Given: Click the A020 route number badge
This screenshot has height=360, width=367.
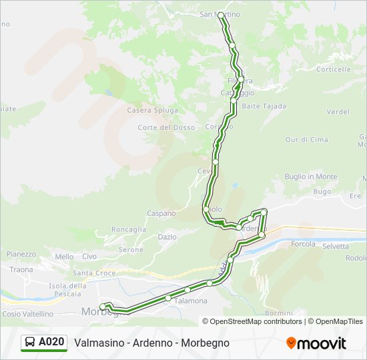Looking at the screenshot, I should pos(44,342).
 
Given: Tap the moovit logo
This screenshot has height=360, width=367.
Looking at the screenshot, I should pos(316,343).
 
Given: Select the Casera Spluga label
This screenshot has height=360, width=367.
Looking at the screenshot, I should pos(153,110).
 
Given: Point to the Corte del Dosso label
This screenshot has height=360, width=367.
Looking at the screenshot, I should pos(166,127).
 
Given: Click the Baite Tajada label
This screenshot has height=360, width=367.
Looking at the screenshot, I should pos(264,106).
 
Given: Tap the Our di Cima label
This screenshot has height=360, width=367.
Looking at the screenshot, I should pos(306,139).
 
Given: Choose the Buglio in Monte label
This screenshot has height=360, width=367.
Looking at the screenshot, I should pos(311,177).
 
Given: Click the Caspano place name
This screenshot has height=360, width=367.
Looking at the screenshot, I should pos(161,213).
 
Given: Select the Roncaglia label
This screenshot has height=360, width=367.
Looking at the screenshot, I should pos(129,229).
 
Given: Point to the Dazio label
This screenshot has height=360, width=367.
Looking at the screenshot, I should pos(167,237).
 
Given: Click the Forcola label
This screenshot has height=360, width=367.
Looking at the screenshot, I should pos(303,245).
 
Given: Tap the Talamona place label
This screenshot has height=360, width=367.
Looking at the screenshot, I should pos(191,301).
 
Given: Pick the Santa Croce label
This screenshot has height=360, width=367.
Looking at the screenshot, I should pos(94,273).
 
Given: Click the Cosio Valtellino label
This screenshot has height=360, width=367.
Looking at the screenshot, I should pos(27,313).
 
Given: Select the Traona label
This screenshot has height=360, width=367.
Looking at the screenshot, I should pos(21,269).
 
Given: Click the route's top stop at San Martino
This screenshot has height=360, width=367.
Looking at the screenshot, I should pos(221,14).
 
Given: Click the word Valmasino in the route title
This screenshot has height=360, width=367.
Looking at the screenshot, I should pos(97,343).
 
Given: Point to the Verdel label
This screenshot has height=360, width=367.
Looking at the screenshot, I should pos(338,111).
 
